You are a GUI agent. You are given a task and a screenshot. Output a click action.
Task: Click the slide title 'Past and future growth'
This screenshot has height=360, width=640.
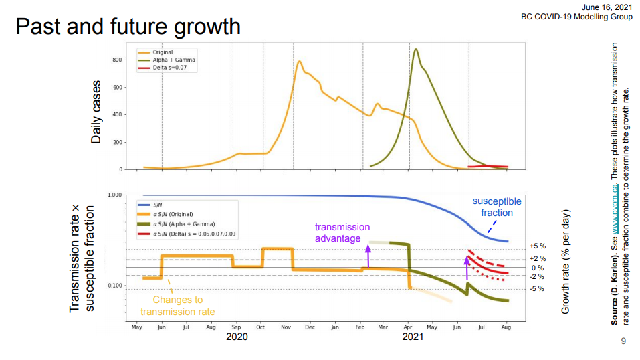[x=127, y=27]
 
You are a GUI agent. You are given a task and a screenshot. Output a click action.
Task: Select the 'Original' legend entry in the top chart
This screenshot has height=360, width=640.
[x=163, y=52]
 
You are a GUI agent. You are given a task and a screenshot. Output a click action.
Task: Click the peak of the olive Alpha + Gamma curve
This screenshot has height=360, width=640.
[x=416, y=49]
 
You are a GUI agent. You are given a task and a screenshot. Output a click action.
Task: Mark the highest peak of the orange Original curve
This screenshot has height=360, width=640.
[x=300, y=62]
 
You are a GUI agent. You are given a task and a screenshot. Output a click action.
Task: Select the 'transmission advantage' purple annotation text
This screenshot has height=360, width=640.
[x=342, y=232]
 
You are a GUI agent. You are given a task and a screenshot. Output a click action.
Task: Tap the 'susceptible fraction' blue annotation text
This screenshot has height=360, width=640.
[x=496, y=207]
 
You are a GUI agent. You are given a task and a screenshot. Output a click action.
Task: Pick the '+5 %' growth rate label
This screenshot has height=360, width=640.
[x=537, y=246]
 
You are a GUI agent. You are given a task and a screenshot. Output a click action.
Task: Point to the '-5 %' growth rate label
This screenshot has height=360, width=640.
[x=537, y=289]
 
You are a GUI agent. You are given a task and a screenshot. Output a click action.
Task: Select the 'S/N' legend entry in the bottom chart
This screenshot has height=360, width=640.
[x=158, y=204]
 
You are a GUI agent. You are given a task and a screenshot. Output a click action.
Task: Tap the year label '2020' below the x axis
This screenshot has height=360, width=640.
[x=237, y=337]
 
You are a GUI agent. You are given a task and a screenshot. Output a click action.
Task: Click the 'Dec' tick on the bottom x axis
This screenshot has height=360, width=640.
[x=310, y=327]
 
